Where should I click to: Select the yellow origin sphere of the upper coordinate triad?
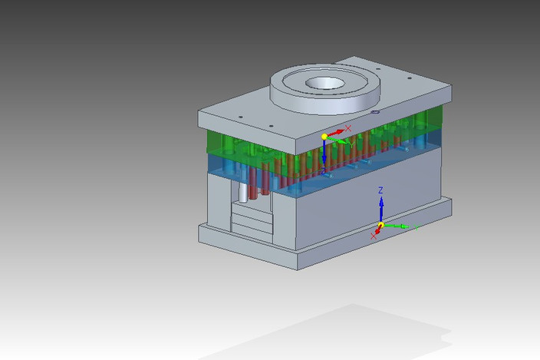click(324, 137)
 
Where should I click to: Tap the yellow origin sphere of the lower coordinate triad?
click(381, 225)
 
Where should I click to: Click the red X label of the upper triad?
click(348, 128)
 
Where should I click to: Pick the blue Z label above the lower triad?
click(380, 190)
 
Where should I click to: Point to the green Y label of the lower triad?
click(418, 227)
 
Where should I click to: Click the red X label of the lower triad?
click(374, 236)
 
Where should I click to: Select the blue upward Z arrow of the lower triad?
click(381, 207)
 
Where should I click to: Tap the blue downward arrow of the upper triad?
click(324, 154)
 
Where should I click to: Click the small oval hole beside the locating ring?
click(375, 113)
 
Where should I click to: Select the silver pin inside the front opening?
click(242, 192)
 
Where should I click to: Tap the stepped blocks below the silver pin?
click(252, 223)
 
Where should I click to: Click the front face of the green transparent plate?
click(222, 141)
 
